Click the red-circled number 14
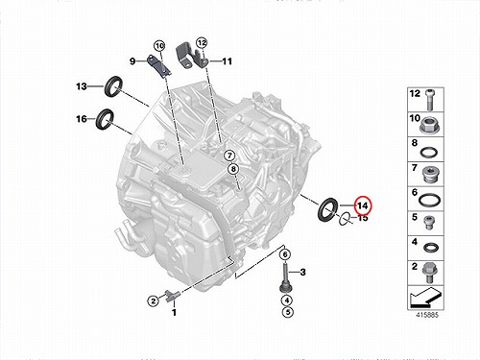(362, 205)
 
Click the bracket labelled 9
(158, 66)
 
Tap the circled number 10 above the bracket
(159, 46)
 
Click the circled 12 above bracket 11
(202, 42)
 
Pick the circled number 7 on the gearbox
(229, 156)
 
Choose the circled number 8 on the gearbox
(233, 169)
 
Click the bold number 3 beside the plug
(302, 273)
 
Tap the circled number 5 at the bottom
(288, 312)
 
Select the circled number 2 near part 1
(154, 301)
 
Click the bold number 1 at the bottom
(174, 312)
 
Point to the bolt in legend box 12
(430, 99)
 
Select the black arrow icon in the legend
(425, 298)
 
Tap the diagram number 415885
(427, 315)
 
